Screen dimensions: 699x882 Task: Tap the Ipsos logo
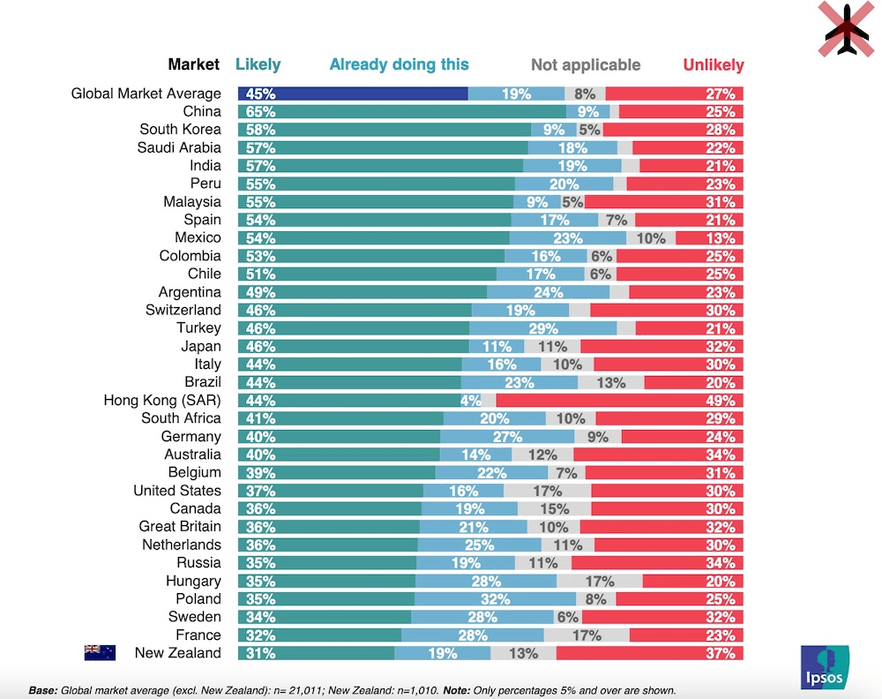(x=825, y=666)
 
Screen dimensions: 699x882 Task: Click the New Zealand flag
(x=100, y=652)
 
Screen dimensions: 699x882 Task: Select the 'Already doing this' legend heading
(x=399, y=64)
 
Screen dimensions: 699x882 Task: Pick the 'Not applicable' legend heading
(x=586, y=65)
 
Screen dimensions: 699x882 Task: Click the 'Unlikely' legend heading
(x=713, y=65)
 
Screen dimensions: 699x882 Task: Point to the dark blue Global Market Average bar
(x=353, y=94)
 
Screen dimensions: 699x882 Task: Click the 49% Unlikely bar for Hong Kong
(x=620, y=401)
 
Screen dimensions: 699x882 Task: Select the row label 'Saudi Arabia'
(x=179, y=147)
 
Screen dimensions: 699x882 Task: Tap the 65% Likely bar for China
(x=401, y=111)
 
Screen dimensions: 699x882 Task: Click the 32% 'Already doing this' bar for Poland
(x=495, y=598)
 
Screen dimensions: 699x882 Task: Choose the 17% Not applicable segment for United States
(x=547, y=491)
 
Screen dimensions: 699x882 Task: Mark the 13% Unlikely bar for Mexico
(x=709, y=237)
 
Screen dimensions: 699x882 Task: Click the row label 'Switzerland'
(x=183, y=310)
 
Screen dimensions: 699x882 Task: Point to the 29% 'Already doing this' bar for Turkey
(x=542, y=328)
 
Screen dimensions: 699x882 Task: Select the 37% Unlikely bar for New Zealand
(x=649, y=653)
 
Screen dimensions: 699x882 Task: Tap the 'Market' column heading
(x=194, y=64)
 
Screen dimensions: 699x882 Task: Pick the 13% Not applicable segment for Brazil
(x=610, y=382)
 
